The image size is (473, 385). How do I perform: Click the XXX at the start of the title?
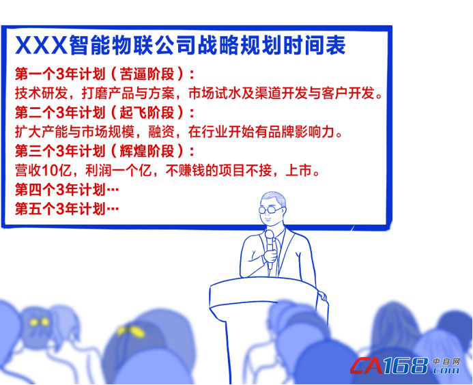[x=42, y=45]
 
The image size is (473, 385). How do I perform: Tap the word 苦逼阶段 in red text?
[x=147, y=74]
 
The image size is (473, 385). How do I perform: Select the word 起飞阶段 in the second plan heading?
[x=147, y=113]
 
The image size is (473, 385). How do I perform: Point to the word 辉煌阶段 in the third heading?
[x=147, y=151]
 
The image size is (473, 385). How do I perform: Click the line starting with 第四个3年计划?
[x=67, y=190]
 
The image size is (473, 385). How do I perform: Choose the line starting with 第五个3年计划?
[x=67, y=209]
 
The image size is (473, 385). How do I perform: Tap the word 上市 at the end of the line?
[x=298, y=170]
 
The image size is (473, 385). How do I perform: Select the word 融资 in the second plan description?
[x=161, y=132]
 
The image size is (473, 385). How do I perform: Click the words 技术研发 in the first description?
[x=42, y=94]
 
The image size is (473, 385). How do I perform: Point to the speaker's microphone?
[x=270, y=250]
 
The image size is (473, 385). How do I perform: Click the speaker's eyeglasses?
[x=270, y=209]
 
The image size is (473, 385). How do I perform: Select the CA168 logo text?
[x=390, y=365]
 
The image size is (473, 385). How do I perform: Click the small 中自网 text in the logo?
[x=447, y=361]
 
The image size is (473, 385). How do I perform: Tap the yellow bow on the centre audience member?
[x=131, y=331]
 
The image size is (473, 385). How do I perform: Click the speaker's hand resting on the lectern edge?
[x=322, y=295]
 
